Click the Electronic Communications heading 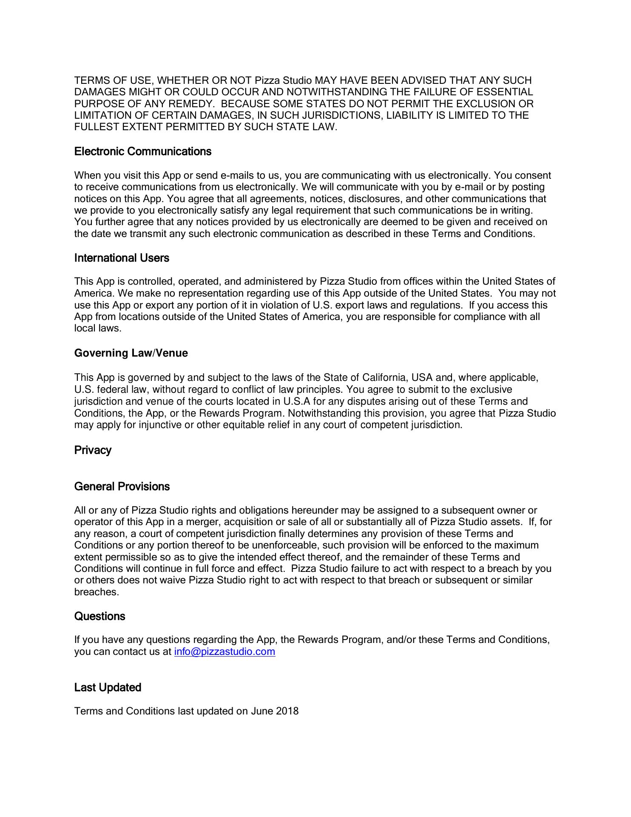point(142,151)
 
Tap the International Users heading point(122,258)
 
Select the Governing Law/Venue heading point(131,353)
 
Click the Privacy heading point(93,450)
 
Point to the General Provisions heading point(122,486)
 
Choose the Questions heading point(99,616)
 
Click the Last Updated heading point(108,687)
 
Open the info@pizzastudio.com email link point(225,651)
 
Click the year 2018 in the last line point(287,711)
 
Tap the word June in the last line point(262,711)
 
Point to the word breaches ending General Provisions point(96,592)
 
